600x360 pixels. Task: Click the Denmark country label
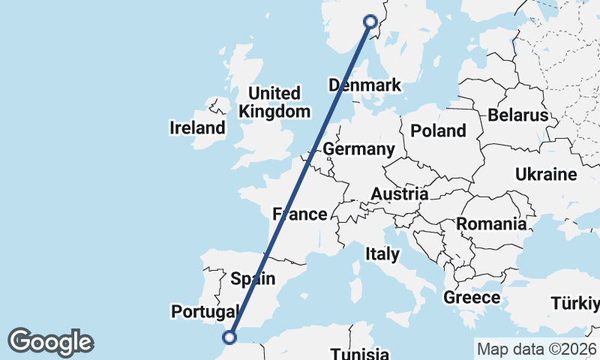point(364,85)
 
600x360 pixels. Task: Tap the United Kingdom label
point(274,103)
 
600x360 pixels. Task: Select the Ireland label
point(197,127)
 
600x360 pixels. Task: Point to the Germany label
point(358,149)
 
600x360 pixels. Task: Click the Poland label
point(438,130)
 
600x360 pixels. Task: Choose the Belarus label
point(517,115)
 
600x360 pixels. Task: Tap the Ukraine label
point(546,174)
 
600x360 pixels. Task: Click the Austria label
point(399,193)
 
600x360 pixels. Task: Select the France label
point(300,214)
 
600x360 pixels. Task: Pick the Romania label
point(491,223)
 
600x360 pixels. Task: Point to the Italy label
point(382,254)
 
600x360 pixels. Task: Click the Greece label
point(472,297)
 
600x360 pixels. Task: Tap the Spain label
point(253,279)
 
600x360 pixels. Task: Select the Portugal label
point(205,310)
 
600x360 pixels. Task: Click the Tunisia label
point(360,353)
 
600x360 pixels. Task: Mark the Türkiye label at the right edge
point(575,304)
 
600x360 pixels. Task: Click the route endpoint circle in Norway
point(370,22)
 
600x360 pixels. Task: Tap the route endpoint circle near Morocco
point(230,337)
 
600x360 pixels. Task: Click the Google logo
point(50,342)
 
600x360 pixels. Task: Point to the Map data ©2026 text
point(536,349)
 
